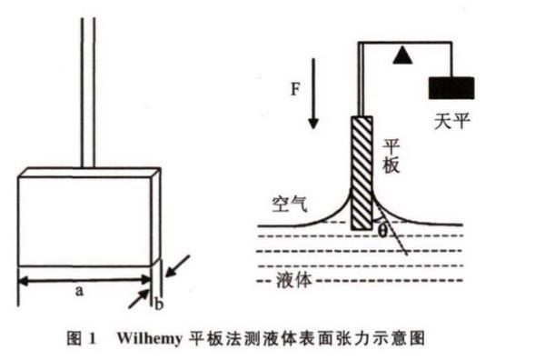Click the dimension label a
pyautogui.click(x=79, y=291)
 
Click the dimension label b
pyautogui.click(x=159, y=304)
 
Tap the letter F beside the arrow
pyautogui.click(x=295, y=89)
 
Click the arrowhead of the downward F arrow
pyautogui.click(x=313, y=124)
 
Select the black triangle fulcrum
pyautogui.click(x=402, y=55)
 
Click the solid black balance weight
pyautogui.click(x=451, y=88)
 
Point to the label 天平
pyautogui.click(x=451, y=121)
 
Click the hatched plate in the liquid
pyautogui.click(x=362, y=173)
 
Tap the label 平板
pyautogui.click(x=391, y=156)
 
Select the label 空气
pyautogui.click(x=290, y=205)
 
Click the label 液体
pyautogui.click(x=293, y=280)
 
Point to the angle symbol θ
pyautogui.click(x=382, y=232)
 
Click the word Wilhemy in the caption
pyautogui.click(x=150, y=338)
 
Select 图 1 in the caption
pyautogui.click(x=81, y=338)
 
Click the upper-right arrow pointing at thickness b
pyautogui.click(x=177, y=265)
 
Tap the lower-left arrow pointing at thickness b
pyautogui.click(x=139, y=298)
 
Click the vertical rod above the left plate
pyautogui.click(x=88, y=93)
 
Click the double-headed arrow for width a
pyautogui.click(x=85, y=280)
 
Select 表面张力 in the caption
pyautogui.click(x=326, y=338)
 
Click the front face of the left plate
pyautogui.click(x=85, y=221)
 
